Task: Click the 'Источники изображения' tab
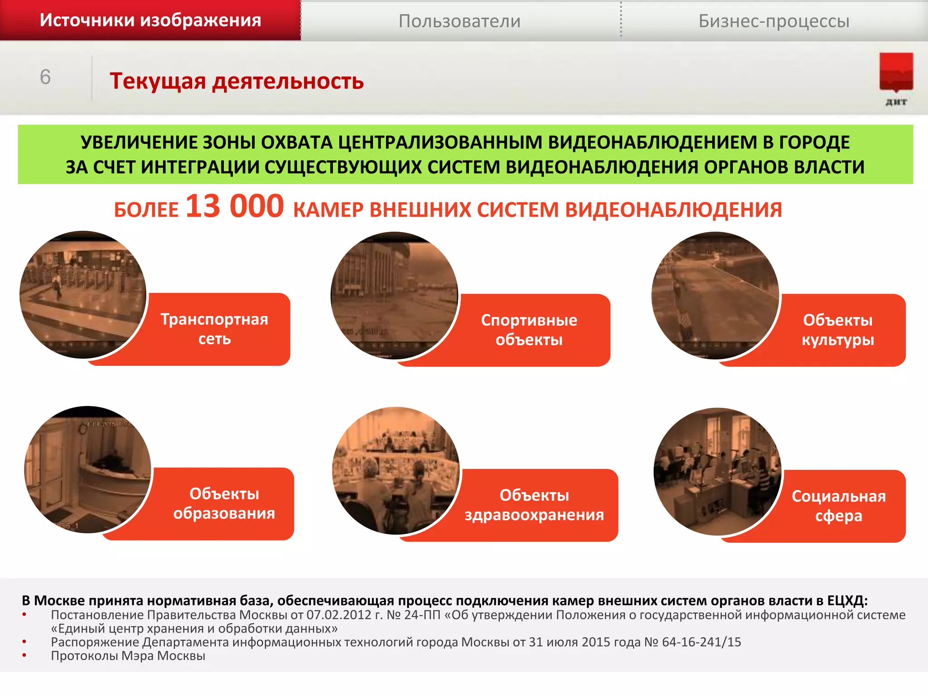[150, 20]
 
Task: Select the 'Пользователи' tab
[459, 21]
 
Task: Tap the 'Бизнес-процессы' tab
[774, 21]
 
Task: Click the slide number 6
[45, 77]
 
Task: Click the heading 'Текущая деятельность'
[237, 82]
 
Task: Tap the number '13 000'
[235, 207]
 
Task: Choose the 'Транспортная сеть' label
[214, 329]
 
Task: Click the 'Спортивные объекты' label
[529, 330]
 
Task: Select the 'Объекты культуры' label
[838, 330]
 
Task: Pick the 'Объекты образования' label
[224, 503]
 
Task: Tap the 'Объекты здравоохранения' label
[534, 505]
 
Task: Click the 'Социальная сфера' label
[838, 506]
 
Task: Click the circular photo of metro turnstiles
[83, 295]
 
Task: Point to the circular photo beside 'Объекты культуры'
[715, 295]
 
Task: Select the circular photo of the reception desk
[87, 469]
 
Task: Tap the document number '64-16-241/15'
[701, 642]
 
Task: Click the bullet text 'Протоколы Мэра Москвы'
[128, 656]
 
